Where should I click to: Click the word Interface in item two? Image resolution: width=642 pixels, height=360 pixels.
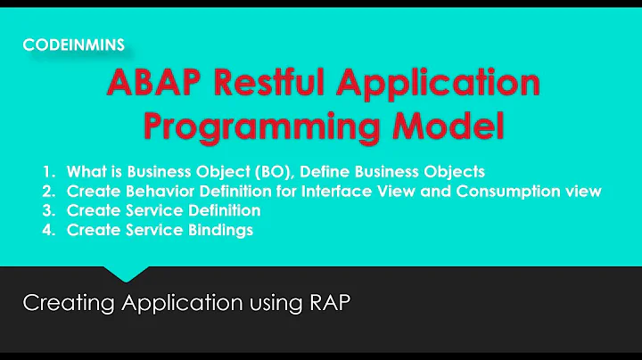(x=337, y=191)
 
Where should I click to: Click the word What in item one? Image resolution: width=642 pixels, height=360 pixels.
(x=83, y=171)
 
